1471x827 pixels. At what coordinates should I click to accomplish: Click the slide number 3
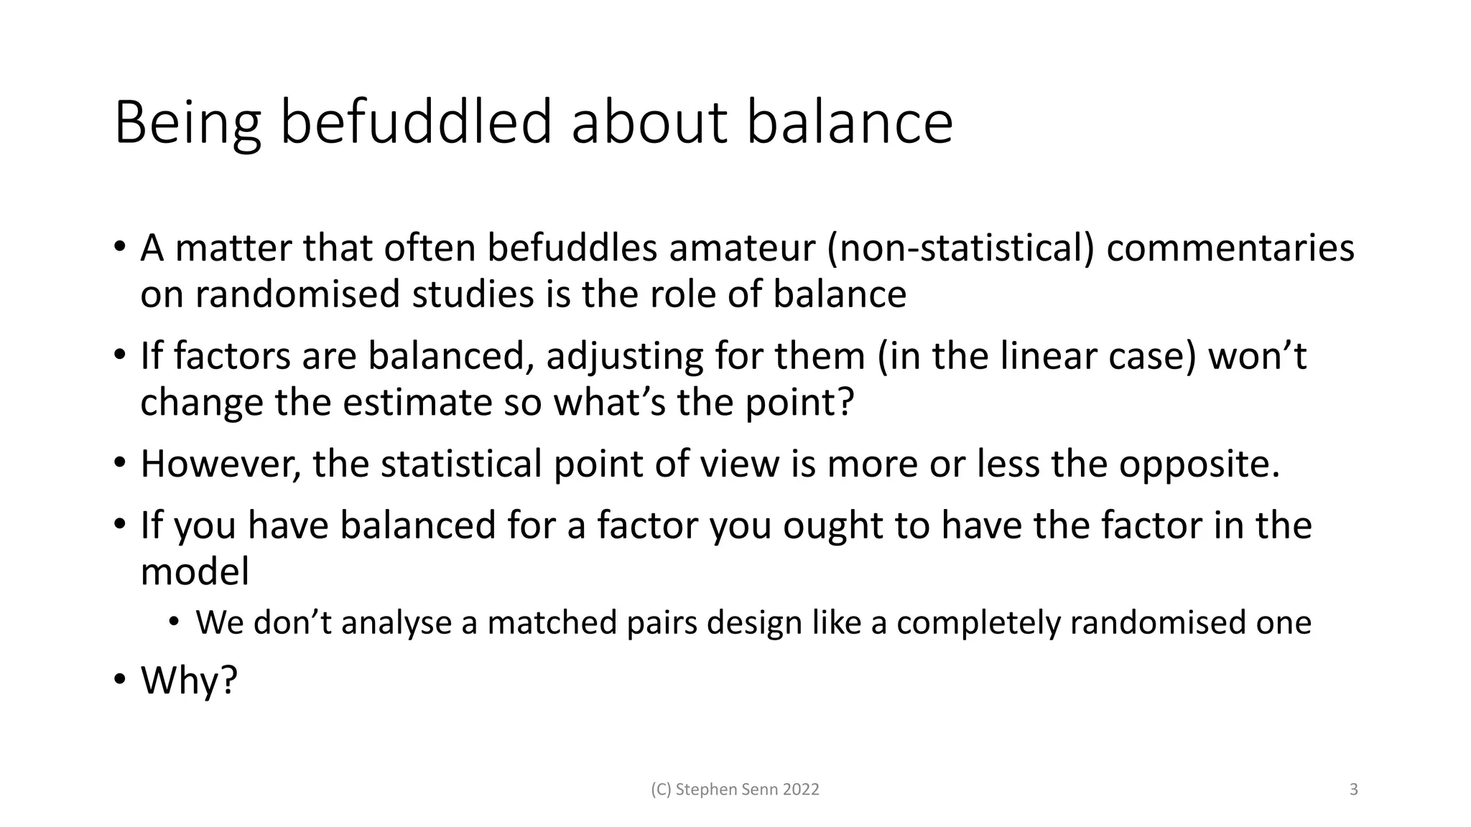click(1354, 790)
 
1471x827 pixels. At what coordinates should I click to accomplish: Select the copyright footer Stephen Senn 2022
click(735, 790)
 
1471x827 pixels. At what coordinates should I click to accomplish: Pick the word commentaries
click(1230, 248)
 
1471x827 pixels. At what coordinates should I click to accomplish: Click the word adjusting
click(624, 357)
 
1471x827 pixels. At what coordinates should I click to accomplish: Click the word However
click(220, 464)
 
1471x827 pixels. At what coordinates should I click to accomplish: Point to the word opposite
click(1199, 464)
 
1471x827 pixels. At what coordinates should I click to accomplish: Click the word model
click(195, 572)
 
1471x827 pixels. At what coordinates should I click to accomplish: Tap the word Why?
click(189, 680)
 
